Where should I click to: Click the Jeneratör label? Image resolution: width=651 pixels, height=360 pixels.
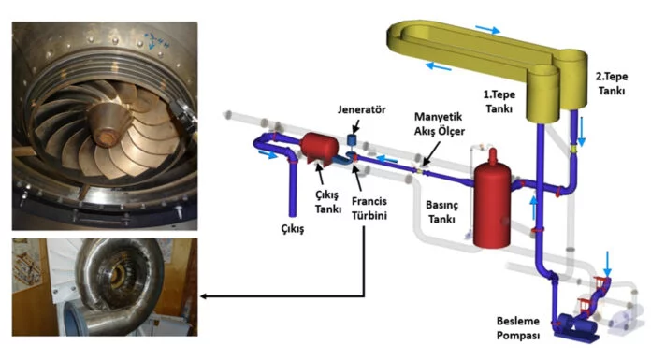click(x=361, y=109)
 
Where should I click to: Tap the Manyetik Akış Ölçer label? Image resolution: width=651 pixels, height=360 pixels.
click(x=440, y=123)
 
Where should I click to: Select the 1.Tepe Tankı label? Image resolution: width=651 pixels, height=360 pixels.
click(x=499, y=101)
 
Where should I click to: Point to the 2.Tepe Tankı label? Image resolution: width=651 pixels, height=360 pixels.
click(x=612, y=83)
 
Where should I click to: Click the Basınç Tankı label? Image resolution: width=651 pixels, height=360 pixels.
click(x=441, y=211)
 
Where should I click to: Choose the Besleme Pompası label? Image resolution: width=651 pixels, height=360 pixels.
click(x=518, y=328)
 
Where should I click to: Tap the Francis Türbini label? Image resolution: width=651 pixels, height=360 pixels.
click(x=369, y=208)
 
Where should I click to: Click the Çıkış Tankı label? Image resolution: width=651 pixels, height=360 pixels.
click(x=327, y=202)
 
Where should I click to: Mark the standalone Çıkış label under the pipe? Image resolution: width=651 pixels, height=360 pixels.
click(x=292, y=229)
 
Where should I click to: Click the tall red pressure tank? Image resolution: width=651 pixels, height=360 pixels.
click(x=492, y=199)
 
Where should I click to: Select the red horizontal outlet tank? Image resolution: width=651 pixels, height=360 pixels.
click(x=319, y=149)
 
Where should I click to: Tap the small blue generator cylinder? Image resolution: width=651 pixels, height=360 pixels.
click(x=352, y=139)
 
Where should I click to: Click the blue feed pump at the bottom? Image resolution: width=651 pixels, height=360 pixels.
click(x=575, y=327)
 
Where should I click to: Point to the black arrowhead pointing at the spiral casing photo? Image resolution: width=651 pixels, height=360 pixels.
click(x=204, y=296)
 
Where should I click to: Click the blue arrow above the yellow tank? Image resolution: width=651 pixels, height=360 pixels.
click(x=487, y=30)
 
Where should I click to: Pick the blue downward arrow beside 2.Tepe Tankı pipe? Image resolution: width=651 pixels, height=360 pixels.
click(x=581, y=131)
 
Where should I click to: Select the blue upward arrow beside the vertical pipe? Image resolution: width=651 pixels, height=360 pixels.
click(x=534, y=208)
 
